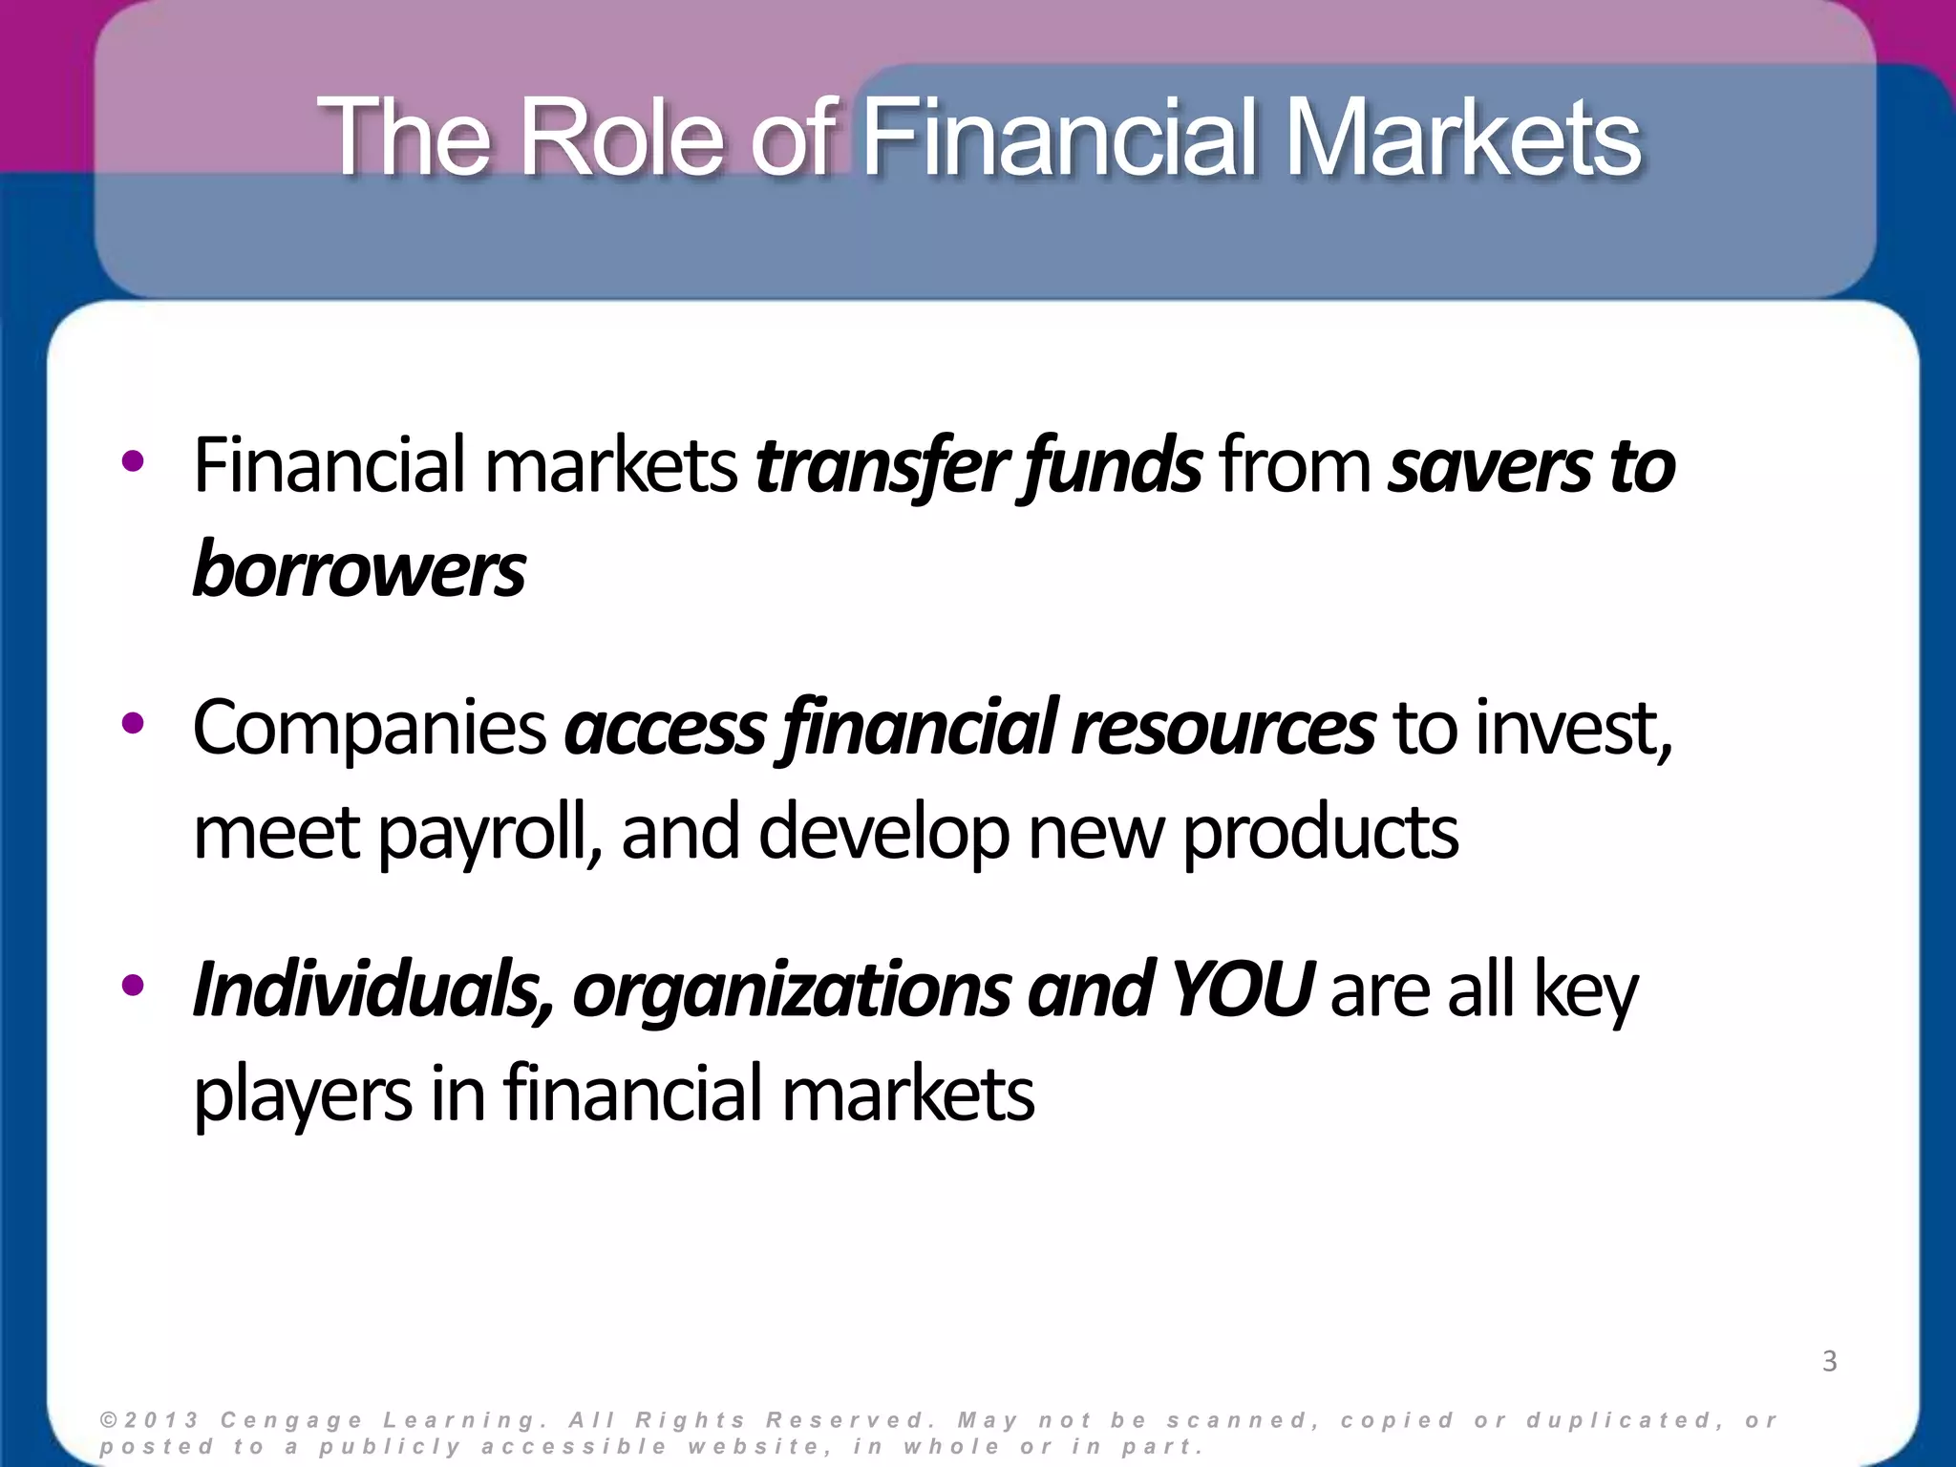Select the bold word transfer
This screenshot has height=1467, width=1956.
click(x=879, y=466)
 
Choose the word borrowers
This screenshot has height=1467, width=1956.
click(x=359, y=570)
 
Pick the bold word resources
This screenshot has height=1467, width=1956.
click(x=1223, y=729)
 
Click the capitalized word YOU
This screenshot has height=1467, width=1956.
click(x=1242, y=990)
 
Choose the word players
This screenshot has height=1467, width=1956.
click(x=303, y=1095)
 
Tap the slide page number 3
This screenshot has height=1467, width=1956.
click(x=1829, y=1361)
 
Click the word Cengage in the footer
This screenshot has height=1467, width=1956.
click(x=291, y=1420)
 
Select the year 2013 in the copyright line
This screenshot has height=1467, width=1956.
click(x=161, y=1420)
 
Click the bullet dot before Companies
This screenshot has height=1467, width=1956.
click(x=133, y=724)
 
